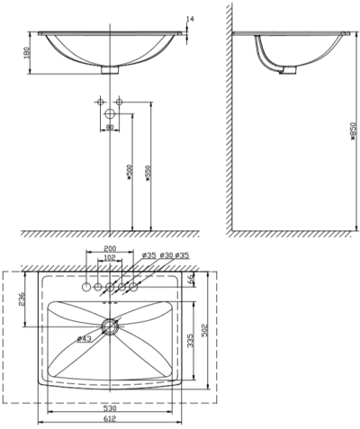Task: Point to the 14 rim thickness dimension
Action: (x=190, y=19)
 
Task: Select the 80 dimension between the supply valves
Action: (x=110, y=126)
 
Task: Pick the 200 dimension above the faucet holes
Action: (x=111, y=247)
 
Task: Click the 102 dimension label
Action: (x=110, y=258)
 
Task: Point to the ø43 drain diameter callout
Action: (x=85, y=338)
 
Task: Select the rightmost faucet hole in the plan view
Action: (x=133, y=287)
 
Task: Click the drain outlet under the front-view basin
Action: (x=111, y=68)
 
